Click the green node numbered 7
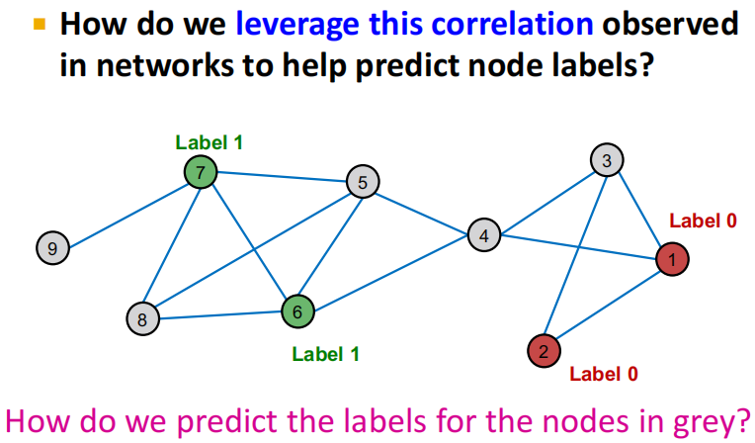200,173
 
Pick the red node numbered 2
544,350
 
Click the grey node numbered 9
51,247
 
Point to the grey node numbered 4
483,235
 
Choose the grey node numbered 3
607,159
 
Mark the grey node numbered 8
142,318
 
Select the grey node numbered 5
363,181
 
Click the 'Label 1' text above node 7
209,141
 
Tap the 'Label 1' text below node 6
325,353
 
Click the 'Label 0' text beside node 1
703,221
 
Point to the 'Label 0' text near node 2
603,373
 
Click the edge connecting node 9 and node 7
126,211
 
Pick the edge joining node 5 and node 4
423,208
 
